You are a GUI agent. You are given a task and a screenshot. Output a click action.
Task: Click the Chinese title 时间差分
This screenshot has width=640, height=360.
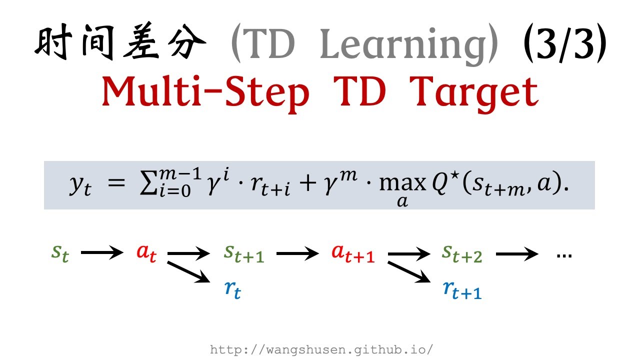click(x=120, y=44)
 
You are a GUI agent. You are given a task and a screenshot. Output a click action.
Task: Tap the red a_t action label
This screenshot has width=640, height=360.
click(x=146, y=253)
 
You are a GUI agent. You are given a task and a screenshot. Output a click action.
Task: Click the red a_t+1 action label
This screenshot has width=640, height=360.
click(x=353, y=253)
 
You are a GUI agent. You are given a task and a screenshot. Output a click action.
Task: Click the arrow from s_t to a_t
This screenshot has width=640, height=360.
click(x=102, y=253)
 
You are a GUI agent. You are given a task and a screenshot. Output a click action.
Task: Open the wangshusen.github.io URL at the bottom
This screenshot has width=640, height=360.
click(x=321, y=349)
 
